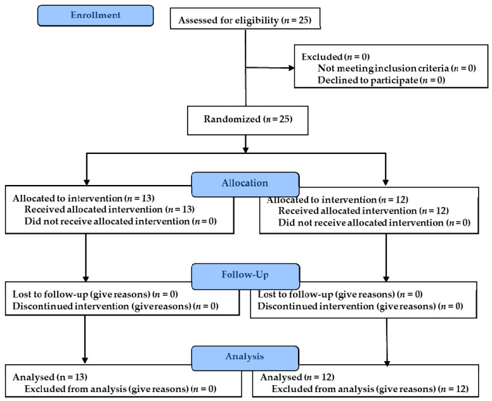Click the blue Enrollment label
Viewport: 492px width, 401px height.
(x=95, y=15)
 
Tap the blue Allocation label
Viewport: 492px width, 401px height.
(x=245, y=184)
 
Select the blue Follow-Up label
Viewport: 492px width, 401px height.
(x=245, y=276)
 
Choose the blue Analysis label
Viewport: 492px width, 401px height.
(x=245, y=358)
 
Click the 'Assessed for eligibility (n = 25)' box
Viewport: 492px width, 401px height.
(x=245, y=19)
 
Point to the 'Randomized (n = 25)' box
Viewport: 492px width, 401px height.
(x=247, y=120)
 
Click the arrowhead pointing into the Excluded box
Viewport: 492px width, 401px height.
(x=291, y=68)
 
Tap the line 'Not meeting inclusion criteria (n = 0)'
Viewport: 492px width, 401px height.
(x=397, y=68)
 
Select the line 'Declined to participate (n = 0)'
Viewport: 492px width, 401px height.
(x=381, y=80)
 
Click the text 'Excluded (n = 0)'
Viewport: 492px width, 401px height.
(x=335, y=57)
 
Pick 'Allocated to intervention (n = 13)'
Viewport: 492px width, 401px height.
(x=84, y=198)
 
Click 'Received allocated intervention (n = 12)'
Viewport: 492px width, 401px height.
(x=363, y=211)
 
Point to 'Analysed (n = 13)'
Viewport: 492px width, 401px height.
(x=50, y=377)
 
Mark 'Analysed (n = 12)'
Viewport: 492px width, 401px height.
(x=297, y=377)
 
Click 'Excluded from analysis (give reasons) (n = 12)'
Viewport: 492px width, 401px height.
(x=370, y=389)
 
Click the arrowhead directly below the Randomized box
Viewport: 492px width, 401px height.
(x=246, y=150)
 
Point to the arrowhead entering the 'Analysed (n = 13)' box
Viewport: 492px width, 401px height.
(x=85, y=360)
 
